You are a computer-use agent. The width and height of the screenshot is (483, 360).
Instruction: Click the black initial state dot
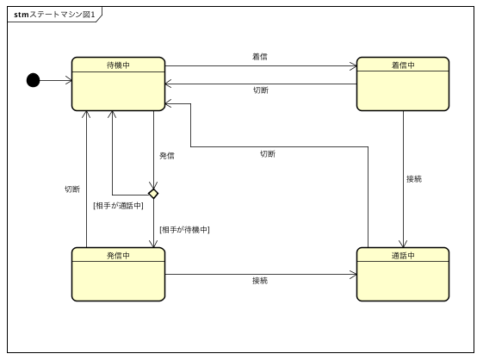[x=33, y=80]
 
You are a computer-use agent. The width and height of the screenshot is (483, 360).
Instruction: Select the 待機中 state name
[x=118, y=65]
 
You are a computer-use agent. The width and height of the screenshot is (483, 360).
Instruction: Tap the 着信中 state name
[x=402, y=65]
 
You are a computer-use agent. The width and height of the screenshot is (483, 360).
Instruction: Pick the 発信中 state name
[x=118, y=255]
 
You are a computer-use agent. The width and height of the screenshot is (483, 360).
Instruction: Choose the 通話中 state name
[x=402, y=255]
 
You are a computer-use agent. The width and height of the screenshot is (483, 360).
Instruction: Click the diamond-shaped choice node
[x=153, y=194]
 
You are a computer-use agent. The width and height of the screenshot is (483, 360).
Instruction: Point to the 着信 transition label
[x=259, y=57]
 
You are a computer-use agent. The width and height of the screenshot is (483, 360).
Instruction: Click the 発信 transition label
[x=167, y=156]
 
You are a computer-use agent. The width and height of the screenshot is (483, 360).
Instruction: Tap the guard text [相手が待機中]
[x=184, y=229]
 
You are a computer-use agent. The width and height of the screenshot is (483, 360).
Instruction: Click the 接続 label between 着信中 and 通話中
[x=414, y=179]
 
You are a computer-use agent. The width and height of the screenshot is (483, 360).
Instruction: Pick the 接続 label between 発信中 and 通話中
[x=259, y=281]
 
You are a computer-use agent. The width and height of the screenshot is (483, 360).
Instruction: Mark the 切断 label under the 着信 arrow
[x=259, y=90]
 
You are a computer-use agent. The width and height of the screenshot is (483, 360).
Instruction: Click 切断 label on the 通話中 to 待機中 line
[x=268, y=154]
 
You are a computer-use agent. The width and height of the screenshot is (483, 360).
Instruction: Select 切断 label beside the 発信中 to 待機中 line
[x=72, y=189]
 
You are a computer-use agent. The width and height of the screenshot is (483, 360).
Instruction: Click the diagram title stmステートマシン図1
[x=54, y=14]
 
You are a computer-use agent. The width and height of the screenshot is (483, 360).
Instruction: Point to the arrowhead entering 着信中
[x=352, y=66]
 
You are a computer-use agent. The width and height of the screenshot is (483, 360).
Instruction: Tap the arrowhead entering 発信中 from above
[x=153, y=244]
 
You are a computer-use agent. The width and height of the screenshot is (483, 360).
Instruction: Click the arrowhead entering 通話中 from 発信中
[x=352, y=276]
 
